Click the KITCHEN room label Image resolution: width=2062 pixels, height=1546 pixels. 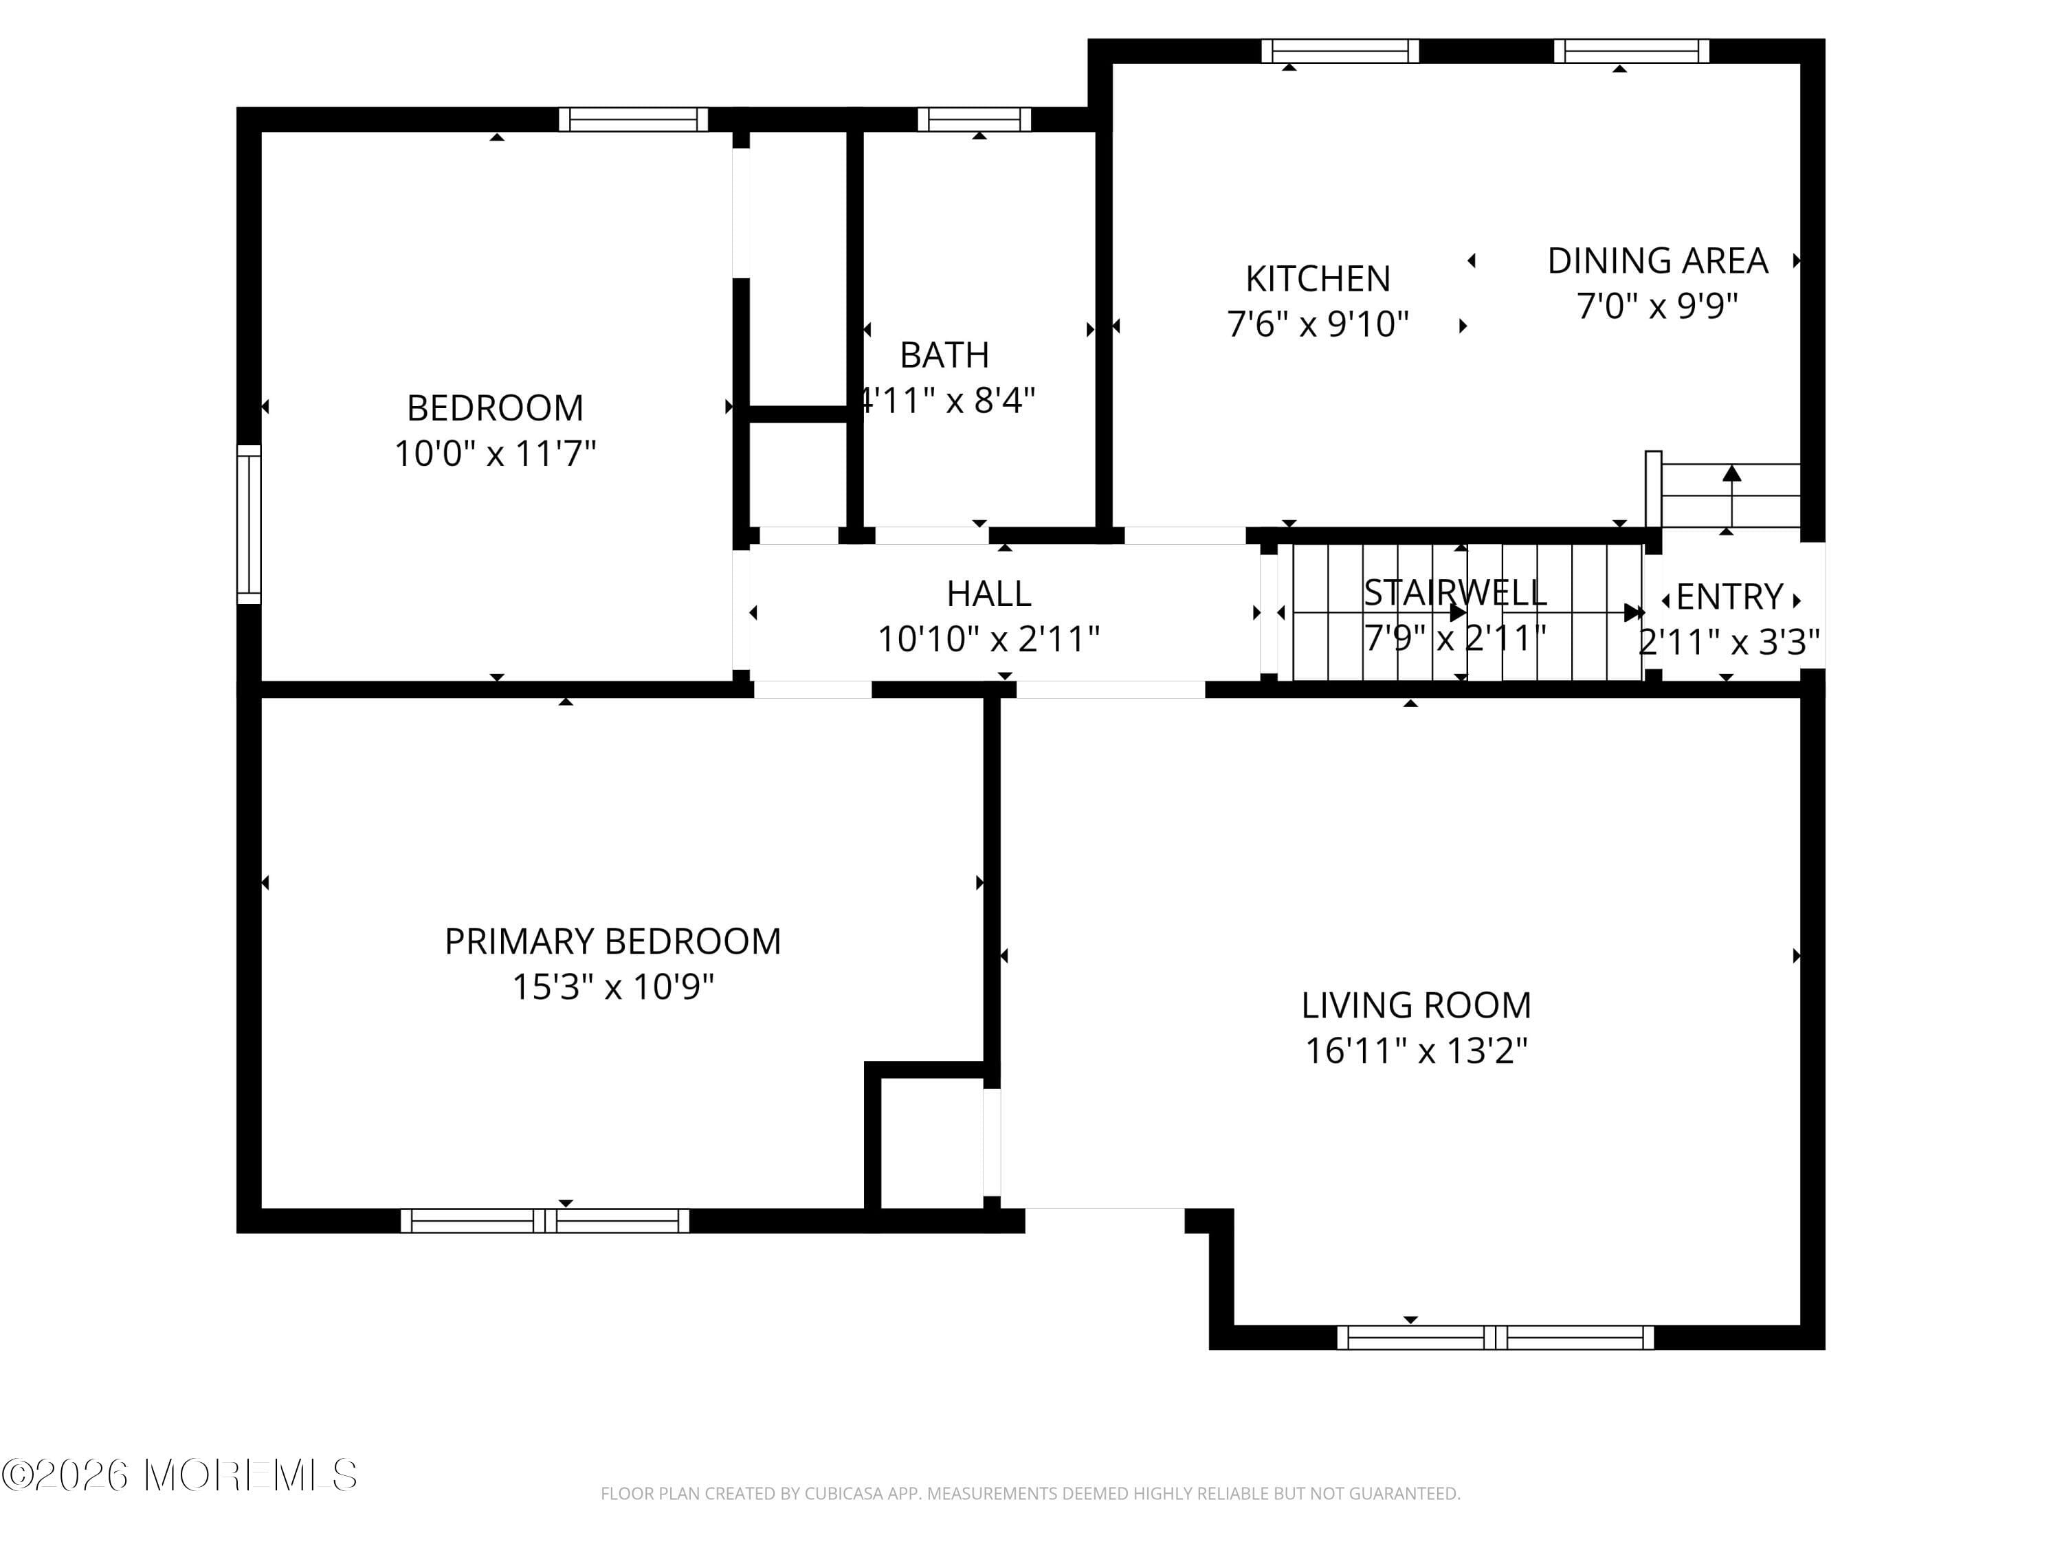coord(1317,279)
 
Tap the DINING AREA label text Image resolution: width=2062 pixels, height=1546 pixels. coord(1656,261)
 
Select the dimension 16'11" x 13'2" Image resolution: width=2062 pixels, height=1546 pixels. coord(1415,1050)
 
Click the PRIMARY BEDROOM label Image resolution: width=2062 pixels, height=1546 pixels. coord(612,941)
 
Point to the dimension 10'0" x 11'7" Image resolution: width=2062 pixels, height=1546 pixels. coord(494,453)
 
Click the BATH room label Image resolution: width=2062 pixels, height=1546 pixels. coord(944,355)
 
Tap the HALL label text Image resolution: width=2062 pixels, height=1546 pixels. coord(988,594)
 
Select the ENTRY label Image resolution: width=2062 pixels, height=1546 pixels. coord(1729,596)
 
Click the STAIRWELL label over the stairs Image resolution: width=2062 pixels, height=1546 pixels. coord(1454,593)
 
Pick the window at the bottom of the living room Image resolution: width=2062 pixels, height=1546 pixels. coord(1494,1337)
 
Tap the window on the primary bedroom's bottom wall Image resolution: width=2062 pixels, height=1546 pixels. coord(545,1221)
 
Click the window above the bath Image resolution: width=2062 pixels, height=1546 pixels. coord(974,120)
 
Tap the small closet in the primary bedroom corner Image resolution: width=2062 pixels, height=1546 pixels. coord(931,1143)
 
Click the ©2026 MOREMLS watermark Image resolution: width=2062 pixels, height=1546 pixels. coord(179,1475)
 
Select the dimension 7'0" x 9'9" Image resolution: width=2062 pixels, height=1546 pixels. coord(1656,306)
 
